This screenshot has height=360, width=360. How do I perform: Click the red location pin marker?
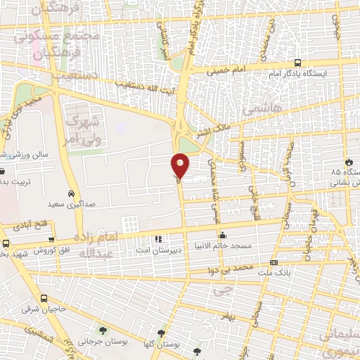[180, 165]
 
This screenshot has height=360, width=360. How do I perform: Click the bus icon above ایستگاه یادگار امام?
[297, 62]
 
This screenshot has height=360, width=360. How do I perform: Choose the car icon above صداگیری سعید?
[71, 193]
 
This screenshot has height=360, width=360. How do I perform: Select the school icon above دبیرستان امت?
[158, 239]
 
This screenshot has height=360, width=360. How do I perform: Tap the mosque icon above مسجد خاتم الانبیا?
[223, 236]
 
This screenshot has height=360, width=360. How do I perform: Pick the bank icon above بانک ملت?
[274, 263]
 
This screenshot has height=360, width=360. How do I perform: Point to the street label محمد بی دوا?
[234, 269]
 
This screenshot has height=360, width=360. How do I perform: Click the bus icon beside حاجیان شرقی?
[44, 298]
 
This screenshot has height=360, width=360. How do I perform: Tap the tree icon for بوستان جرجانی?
[104, 330]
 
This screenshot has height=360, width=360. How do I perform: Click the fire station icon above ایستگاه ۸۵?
[347, 160]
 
